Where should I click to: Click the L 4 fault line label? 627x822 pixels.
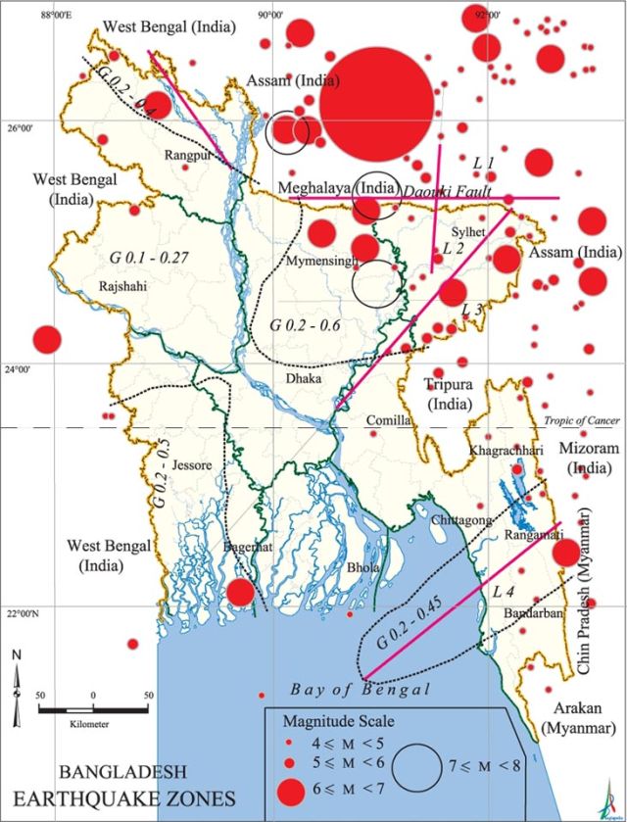[x=504, y=591]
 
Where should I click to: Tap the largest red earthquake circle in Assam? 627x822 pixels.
[x=376, y=103]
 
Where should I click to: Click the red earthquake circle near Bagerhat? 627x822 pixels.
[x=240, y=593]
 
